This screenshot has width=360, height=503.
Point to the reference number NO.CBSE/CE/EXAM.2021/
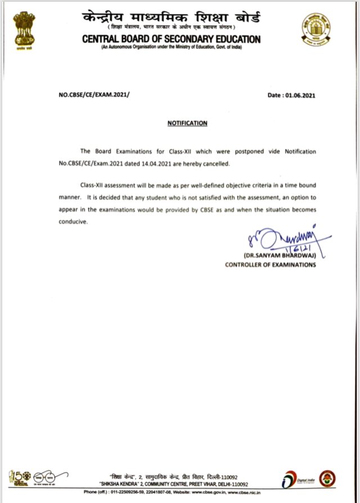pos(94,96)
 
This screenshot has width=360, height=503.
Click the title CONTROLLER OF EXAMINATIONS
pos(271,265)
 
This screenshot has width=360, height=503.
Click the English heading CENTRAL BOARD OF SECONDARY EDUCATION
pos(171,39)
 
